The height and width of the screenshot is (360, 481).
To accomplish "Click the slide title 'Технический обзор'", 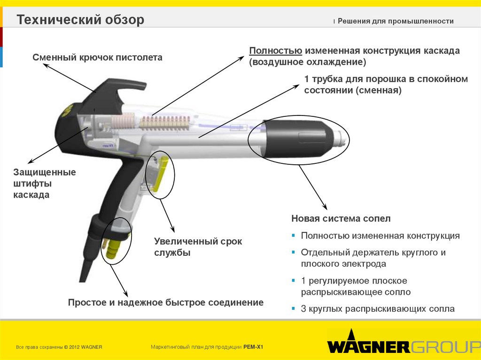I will pyautogui.click(x=80, y=20).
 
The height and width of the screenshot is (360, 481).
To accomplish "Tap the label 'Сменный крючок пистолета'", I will pyautogui.click(x=97, y=58).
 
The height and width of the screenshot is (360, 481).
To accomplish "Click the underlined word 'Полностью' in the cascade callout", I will pyautogui.click(x=275, y=51).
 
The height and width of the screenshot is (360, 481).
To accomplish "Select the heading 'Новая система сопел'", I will pyautogui.click(x=341, y=219).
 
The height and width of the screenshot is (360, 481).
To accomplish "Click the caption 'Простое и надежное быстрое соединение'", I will pyautogui.click(x=166, y=303).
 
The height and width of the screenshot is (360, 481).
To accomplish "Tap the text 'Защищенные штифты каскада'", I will pyautogui.click(x=44, y=183).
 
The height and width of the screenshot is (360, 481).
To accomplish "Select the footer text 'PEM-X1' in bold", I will pyautogui.click(x=254, y=347).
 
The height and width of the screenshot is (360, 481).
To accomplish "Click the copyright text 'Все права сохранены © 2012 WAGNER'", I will pyautogui.click(x=59, y=347).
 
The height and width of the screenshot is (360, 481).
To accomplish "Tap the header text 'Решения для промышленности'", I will pyautogui.click(x=396, y=21).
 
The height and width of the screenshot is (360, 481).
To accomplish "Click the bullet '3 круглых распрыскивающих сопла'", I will pyautogui.click(x=378, y=309).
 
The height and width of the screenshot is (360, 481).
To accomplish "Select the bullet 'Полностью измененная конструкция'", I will pyautogui.click(x=380, y=236).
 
